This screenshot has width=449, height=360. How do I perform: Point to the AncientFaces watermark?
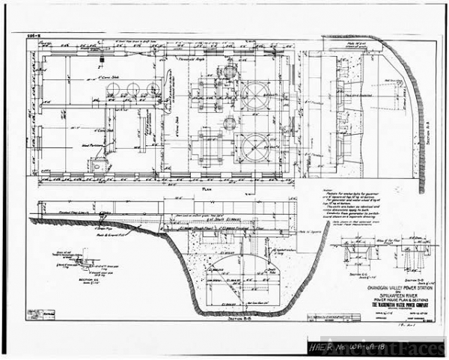click(x=414, y=346)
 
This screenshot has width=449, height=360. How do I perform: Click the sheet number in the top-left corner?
click(x=34, y=34)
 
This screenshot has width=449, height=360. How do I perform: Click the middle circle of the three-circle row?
click(x=133, y=90)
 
